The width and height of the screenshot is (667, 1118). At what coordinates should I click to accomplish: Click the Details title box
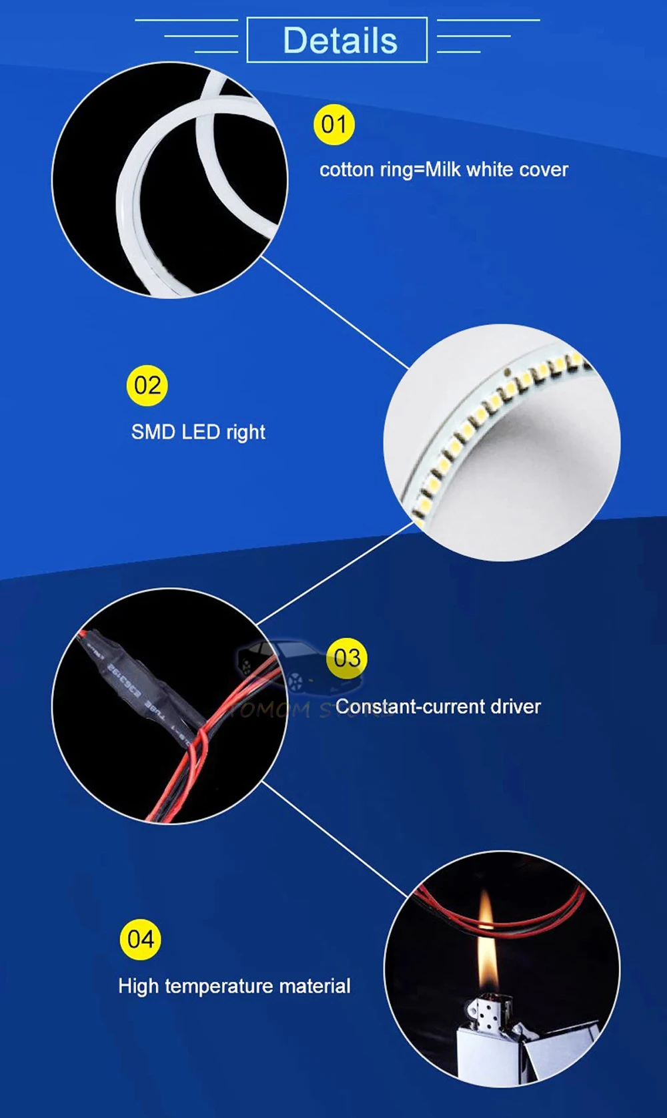click(337, 40)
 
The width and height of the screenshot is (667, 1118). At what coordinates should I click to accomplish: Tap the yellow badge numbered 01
click(333, 125)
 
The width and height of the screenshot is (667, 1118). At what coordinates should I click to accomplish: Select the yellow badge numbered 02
click(147, 386)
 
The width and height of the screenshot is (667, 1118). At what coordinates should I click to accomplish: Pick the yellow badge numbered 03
click(347, 658)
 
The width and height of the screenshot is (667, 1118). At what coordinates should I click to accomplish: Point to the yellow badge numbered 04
click(140, 940)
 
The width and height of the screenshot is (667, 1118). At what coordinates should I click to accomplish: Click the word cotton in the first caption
click(347, 170)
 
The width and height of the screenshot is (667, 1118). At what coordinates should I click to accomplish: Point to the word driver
click(515, 707)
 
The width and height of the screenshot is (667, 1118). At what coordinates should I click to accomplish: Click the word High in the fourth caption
click(139, 987)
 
